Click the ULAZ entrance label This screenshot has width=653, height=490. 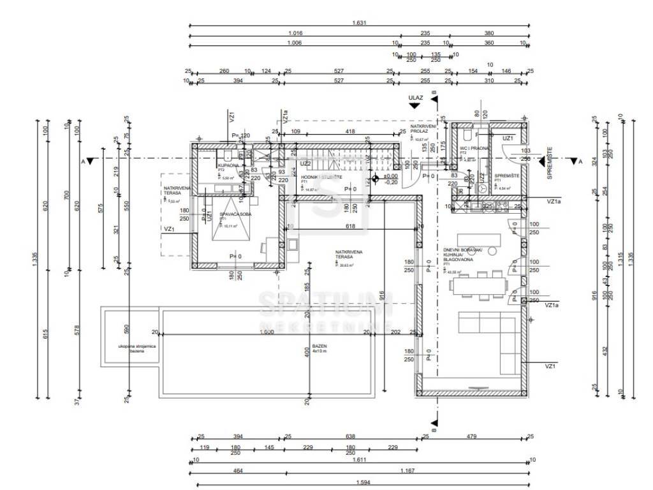pos(416,98)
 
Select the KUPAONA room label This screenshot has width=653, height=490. pos(227,165)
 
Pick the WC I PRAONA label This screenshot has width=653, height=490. pos(474,148)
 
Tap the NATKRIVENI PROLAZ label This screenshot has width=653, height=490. pos(423,130)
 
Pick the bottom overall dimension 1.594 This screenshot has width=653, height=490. pos(360,482)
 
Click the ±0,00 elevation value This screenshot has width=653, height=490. pos(390,175)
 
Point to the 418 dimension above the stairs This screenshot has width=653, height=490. pos(350,131)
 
